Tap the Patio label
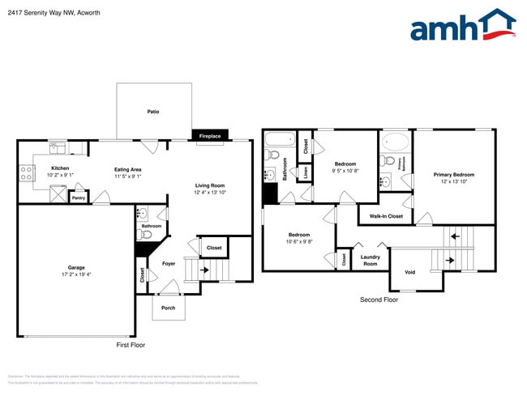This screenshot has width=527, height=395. pyautogui.click(x=152, y=111)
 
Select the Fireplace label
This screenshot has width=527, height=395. pyautogui.click(x=210, y=136)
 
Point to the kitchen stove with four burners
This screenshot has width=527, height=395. pyautogui.click(x=25, y=172)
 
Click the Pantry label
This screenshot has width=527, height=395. pyautogui.click(x=79, y=197)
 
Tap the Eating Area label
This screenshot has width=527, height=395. pyautogui.click(x=128, y=169)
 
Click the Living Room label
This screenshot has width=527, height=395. pyautogui.click(x=209, y=185)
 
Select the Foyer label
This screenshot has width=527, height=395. pyautogui.click(x=169, y=264)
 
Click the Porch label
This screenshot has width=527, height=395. pyautogui.click(x=168, y=308)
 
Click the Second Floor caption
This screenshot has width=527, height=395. pyautogui.click(x=379, y=299)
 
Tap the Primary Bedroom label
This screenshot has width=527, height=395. pyautogui.click(x=453, y=175)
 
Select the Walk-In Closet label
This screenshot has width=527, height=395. pyautogui.click(x=386, y=216)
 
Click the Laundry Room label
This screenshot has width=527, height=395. pyautogui.click(x=370, y=261)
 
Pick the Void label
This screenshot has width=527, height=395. pyautogui.click(x=409, y=272)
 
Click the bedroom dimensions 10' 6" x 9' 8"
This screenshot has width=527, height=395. pyautogui.click(x=299, y=241)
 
